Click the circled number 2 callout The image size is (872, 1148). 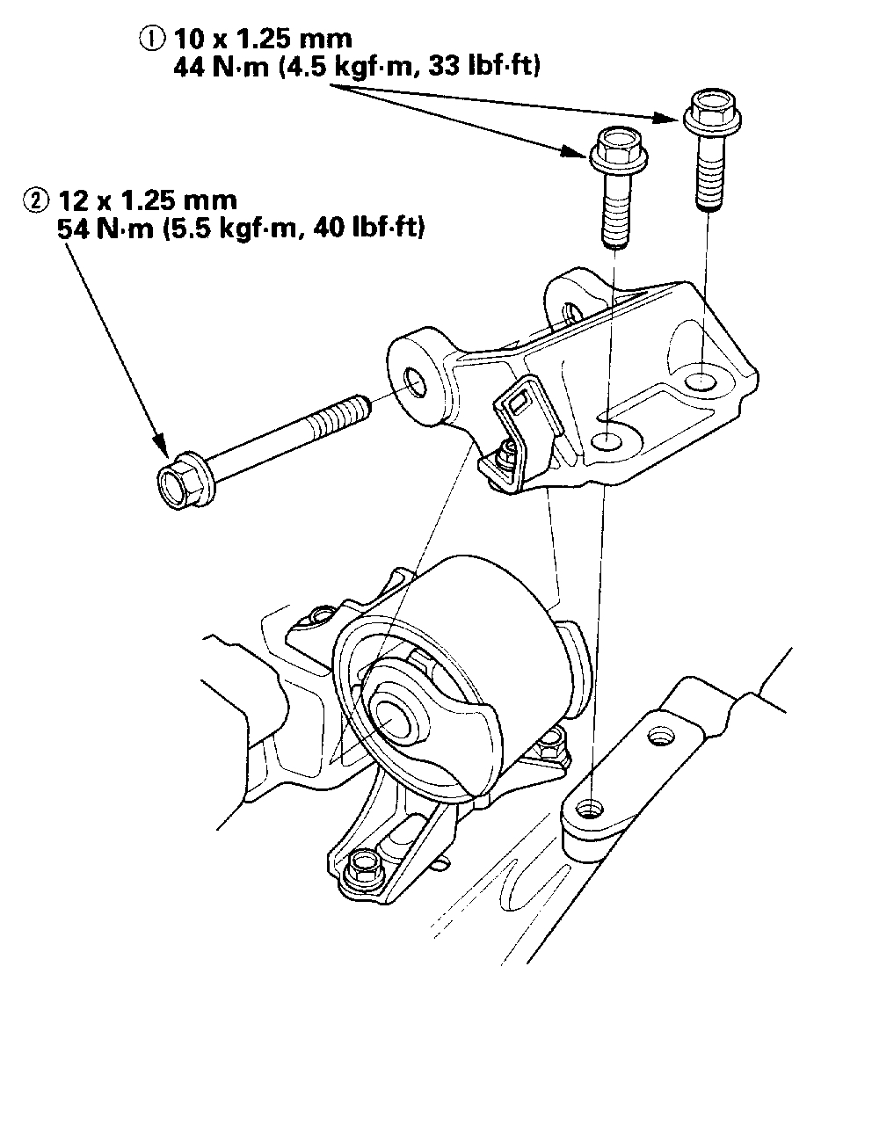[x=35, y=200]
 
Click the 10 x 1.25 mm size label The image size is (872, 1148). [x=263, y=39]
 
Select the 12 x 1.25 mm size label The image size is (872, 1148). [x=148, y=200]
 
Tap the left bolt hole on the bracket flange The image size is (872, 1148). [x=607, y=440]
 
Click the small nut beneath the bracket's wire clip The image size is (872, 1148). [x=505, y=454]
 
